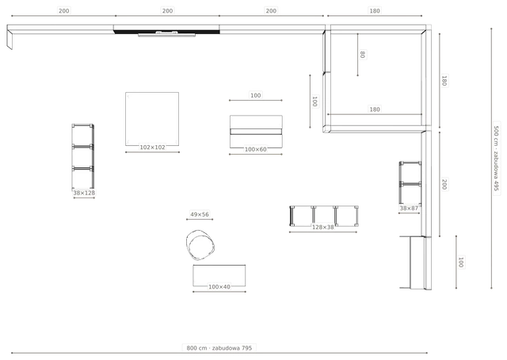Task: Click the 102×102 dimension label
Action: (x=152, y=147)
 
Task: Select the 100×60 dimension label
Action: (x=255, y=150)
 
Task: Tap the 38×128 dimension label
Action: (x=84, y=193)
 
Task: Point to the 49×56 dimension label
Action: (x=200, y=214)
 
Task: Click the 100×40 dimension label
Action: (x=219, y=287)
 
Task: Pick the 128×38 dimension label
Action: (x=322, y=228)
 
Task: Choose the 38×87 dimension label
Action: (x=409, y=209)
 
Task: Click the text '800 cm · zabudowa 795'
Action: (x=219, y=348)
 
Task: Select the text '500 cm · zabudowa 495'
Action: (x=496, y=158)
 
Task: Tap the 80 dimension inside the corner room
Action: (x=363, y=55)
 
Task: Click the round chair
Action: (x=200, y=245)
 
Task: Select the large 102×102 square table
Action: (x=152, y=119)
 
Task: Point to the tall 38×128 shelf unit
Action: (x=82, y=156)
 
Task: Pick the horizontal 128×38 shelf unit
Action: (x=324, y=216)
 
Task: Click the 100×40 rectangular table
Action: (x=219, y=275)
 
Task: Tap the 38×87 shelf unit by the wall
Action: (x=410, y=183)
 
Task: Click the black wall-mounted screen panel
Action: (x=166, y=32)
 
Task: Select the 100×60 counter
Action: (x=256, y=132)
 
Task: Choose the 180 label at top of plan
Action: (x=375, y=10)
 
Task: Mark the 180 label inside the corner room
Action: (x=375, y=109)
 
